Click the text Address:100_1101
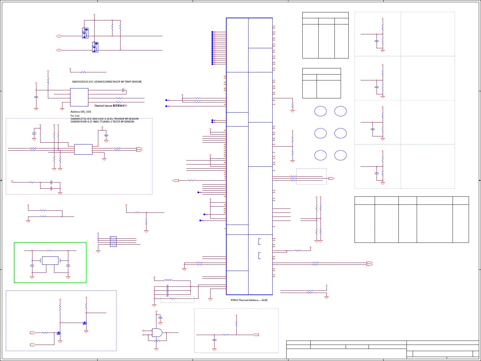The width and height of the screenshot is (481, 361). pos(81,112)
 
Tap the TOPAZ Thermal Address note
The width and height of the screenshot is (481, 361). pos(249,300)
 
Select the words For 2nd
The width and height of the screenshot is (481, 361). pos(75,116)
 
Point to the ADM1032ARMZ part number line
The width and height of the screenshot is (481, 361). pos(107,82)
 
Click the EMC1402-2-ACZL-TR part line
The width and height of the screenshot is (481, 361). pos(104,119)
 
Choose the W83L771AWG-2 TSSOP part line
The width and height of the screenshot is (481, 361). pos(102,122)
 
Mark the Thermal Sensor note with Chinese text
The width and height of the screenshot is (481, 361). pos(110,106)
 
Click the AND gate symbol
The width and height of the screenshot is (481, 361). pos(157,333)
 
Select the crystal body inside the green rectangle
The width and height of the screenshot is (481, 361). pos(50,260)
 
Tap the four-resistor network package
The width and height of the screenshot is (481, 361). pos(113,241)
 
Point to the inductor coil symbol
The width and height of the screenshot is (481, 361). pos(168,280)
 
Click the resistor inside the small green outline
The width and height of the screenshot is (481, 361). pos(173,299)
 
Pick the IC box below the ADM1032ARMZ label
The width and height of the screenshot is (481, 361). pos(79,97)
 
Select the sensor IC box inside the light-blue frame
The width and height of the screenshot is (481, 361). pos(83,149)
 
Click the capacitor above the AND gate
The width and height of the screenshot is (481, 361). pos(160,318)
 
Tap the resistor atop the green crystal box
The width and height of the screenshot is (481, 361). pos(49,251)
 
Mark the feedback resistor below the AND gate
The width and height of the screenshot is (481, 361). pos(157,341)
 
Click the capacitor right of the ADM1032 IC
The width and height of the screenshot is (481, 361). pos(123,90)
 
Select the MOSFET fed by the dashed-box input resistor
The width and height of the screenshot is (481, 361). pos(58,333)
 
